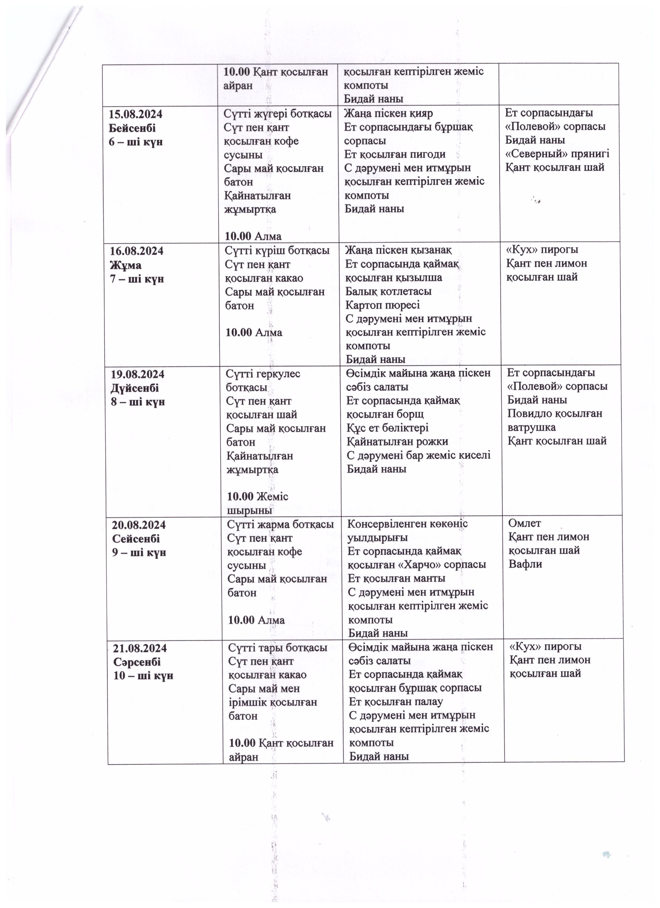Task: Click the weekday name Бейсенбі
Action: click(132, 128)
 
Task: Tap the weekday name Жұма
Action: click(126, 265)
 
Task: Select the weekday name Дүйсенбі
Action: click(135, 388)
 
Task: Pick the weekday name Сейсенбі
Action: click(136, 539)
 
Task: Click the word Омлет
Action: click(524, 523)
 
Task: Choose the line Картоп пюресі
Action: click(383, 305)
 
